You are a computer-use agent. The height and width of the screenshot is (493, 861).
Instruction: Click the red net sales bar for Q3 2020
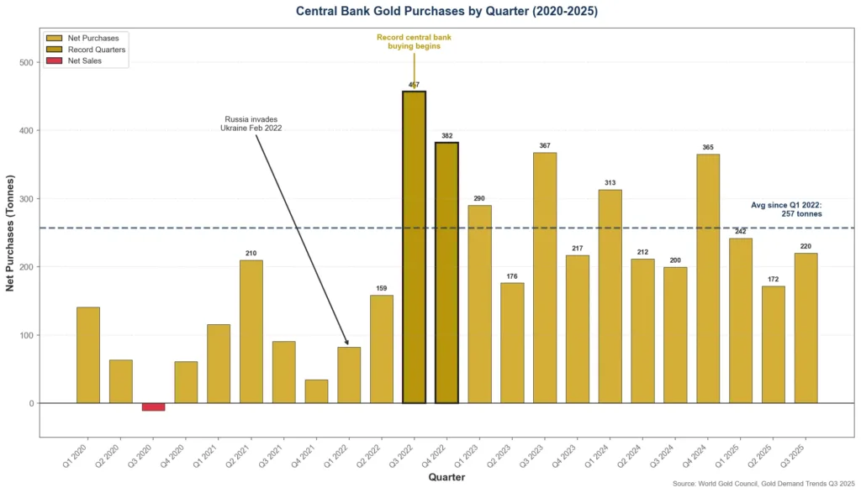[x=153, y=406]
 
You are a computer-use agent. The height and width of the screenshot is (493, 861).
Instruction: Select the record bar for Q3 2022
[x=414, y=248]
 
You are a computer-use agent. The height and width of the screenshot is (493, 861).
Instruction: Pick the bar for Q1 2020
[x=88, y=355]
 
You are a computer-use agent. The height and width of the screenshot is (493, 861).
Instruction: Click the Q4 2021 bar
[x=316, y=391]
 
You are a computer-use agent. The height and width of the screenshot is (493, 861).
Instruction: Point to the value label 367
[x=545, y=146]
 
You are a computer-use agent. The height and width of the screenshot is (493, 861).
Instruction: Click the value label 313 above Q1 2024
[x=610, y=183]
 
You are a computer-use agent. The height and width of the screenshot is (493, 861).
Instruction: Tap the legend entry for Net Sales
[x=84, y=61]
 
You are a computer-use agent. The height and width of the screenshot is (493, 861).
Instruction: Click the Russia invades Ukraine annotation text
[x=251, y=123]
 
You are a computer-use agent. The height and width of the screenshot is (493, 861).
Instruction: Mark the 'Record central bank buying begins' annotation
[x=414, y=42]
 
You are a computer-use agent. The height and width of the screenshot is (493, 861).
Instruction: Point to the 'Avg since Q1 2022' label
[x=786, y=209]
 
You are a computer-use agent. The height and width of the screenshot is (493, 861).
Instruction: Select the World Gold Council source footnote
[x=764, y=484]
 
